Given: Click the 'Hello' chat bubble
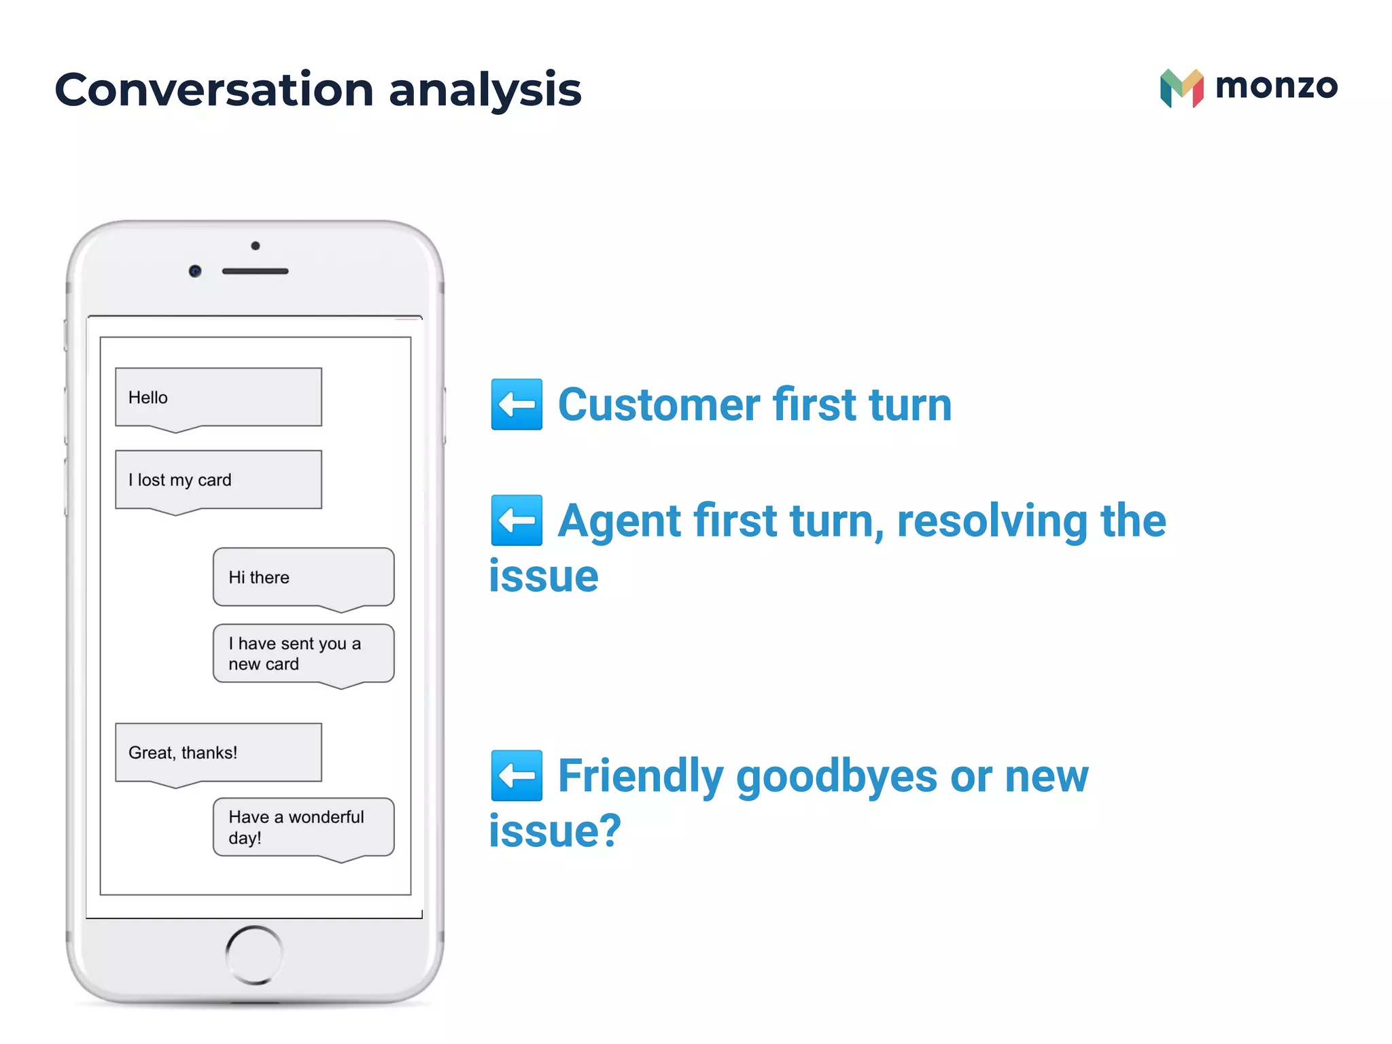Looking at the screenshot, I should tap(217, 398).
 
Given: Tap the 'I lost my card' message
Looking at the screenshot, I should tap(217, 480).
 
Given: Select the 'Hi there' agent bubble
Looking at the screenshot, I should tap(303, 577).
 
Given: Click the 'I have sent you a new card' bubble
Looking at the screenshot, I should tap(303, 653).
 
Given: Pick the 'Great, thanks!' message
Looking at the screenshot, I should tap(217, 752).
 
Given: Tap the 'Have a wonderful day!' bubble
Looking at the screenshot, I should tap(303, 826).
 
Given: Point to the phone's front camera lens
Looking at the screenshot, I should tap(195, 271).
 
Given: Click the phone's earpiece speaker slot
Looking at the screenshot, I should tap(256, 271).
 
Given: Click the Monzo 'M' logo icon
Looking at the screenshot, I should tap(1181, 88).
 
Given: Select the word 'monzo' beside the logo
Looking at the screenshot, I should tap(1276, 86).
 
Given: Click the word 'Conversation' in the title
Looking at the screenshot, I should tap(213, 90).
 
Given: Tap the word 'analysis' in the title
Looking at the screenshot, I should tap(485, 91).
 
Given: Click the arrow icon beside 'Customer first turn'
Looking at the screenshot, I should tap(517, 404).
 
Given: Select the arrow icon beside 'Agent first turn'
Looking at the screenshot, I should tap(517, 521).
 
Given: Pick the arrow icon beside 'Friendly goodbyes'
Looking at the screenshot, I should tap(517, 776).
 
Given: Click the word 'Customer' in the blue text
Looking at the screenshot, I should tap(658, 405).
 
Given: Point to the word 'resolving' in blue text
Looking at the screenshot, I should tap(992, 521).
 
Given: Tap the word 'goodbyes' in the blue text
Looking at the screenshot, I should tap(836, 777).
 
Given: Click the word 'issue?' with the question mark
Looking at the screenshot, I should tap(555, 831).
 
